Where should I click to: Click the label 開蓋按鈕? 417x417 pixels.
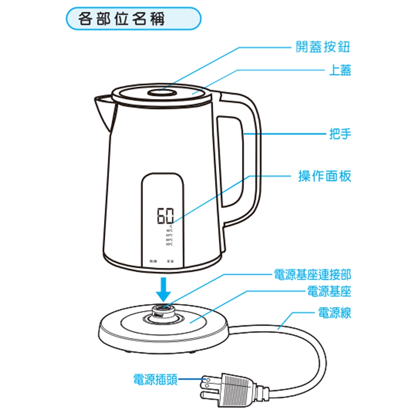[x=323, y=47]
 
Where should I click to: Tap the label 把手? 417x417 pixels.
[x=339, y=134]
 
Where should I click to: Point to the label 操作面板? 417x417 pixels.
[x=324, y=176]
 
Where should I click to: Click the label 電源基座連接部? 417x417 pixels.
[x=312, y=274]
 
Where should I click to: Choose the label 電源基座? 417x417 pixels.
[x=329, y=291]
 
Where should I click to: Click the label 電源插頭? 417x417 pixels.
[x=155, y=379]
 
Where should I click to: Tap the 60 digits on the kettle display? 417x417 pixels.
[x=165, y=216]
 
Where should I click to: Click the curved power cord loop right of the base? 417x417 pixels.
[x=317, y=359]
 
